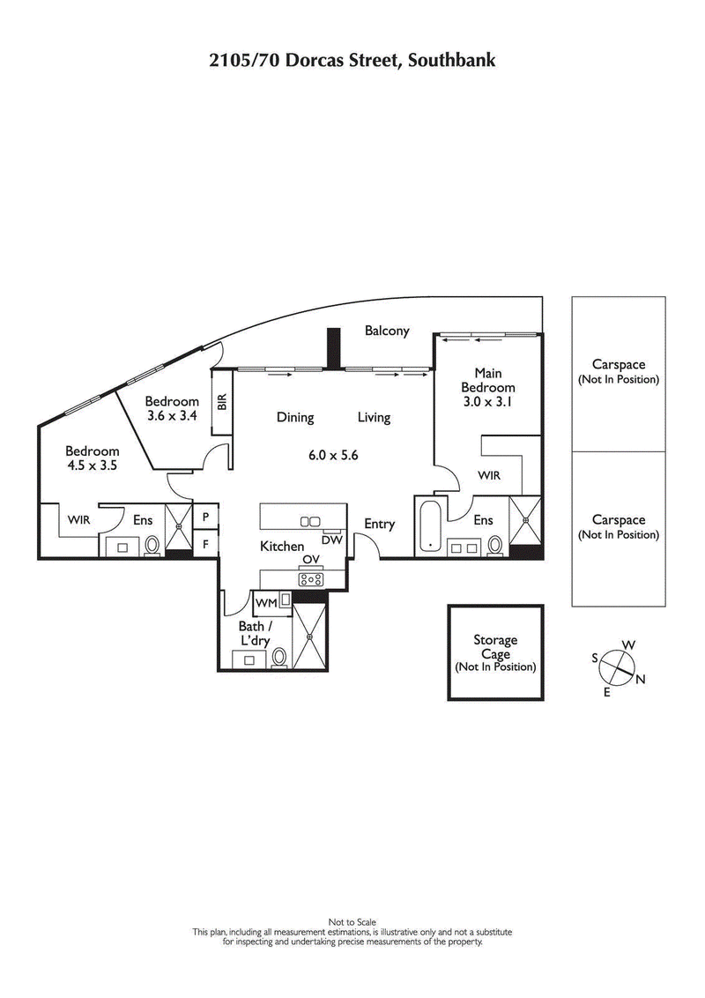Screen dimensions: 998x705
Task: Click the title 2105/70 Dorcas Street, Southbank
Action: tap(352, 61)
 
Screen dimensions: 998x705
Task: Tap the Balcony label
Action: tap(388, 331)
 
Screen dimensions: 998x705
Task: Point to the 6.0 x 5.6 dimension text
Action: tap(333, 456)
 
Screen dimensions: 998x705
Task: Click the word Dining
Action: tap(294, 418)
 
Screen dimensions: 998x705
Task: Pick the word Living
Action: tap(374, 418)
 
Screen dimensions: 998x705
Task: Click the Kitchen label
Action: tap(282, 547)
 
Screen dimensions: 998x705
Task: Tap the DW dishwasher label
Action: tap(332, 540)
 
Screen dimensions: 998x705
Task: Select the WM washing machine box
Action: tap(266, 603)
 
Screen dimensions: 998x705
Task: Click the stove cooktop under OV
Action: tap(311, 579)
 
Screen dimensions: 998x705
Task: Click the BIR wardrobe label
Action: tap(222, 401)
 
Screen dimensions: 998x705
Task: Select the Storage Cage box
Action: tap(494, 653)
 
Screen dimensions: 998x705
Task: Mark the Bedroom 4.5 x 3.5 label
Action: tap(92, 458)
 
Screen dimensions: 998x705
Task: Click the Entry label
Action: tap(380, 525)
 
